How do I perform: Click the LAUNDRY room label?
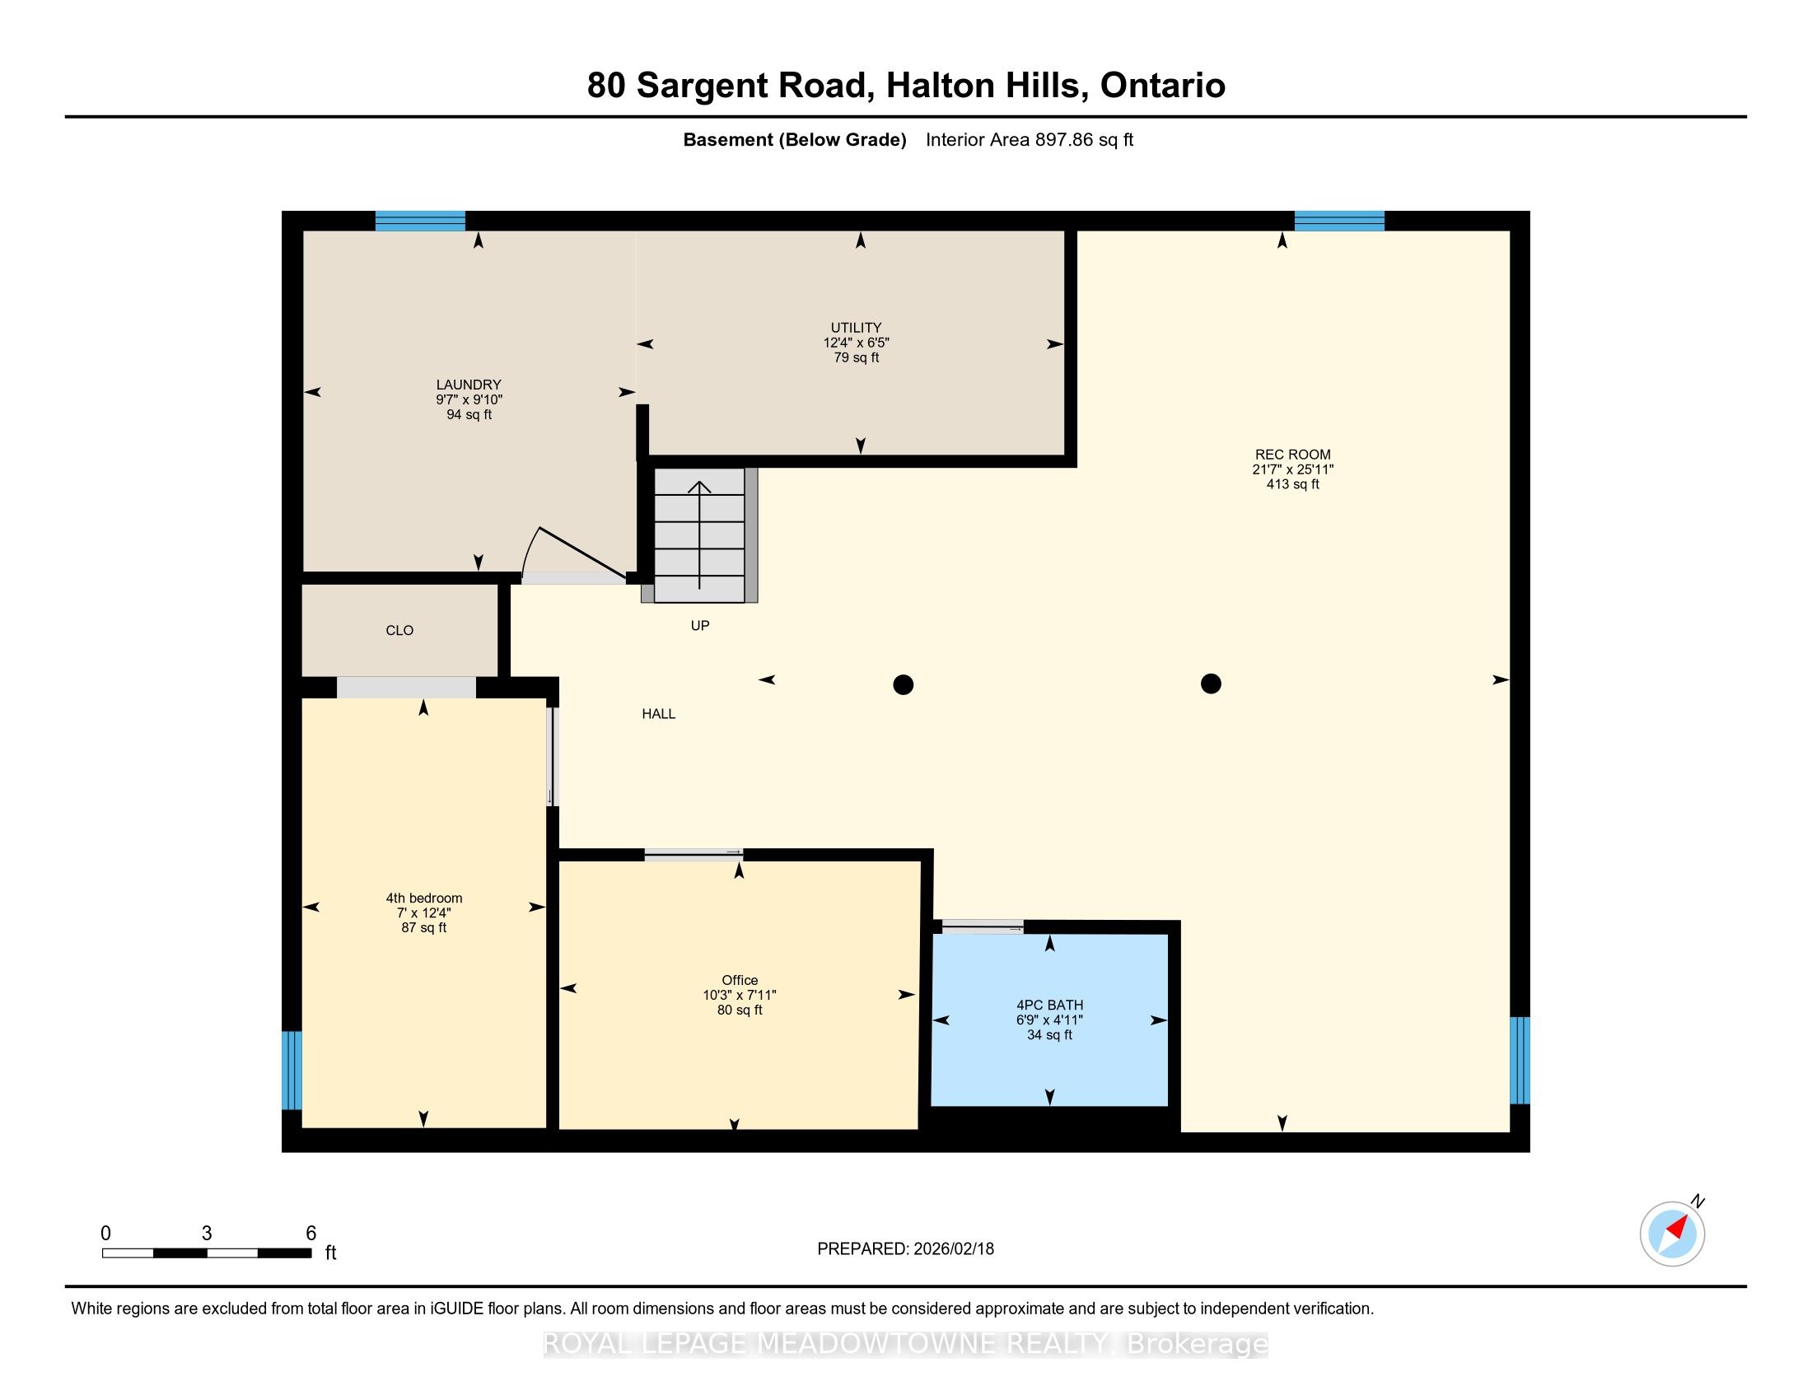pos(469,385)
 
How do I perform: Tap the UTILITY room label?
pos(857,328)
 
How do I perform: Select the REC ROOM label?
pos(1292,455)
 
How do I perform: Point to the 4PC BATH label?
pos(1049,1006)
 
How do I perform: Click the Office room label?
pos(740,980)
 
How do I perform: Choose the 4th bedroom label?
pos(424,898)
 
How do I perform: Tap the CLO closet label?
pos(399,630)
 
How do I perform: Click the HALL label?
pos(659,713)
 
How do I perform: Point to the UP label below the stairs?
pos(700,625)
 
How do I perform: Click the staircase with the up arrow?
pos(700,535)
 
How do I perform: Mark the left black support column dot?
pos(904,684)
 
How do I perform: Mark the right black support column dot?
pos(1212,684)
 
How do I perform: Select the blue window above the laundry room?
pos(420,221)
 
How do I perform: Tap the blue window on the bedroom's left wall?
pos(292,1070)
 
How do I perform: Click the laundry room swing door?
pos(572,554)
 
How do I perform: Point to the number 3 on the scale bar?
pos(207,1234)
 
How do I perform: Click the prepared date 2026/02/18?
pos(952,1248)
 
